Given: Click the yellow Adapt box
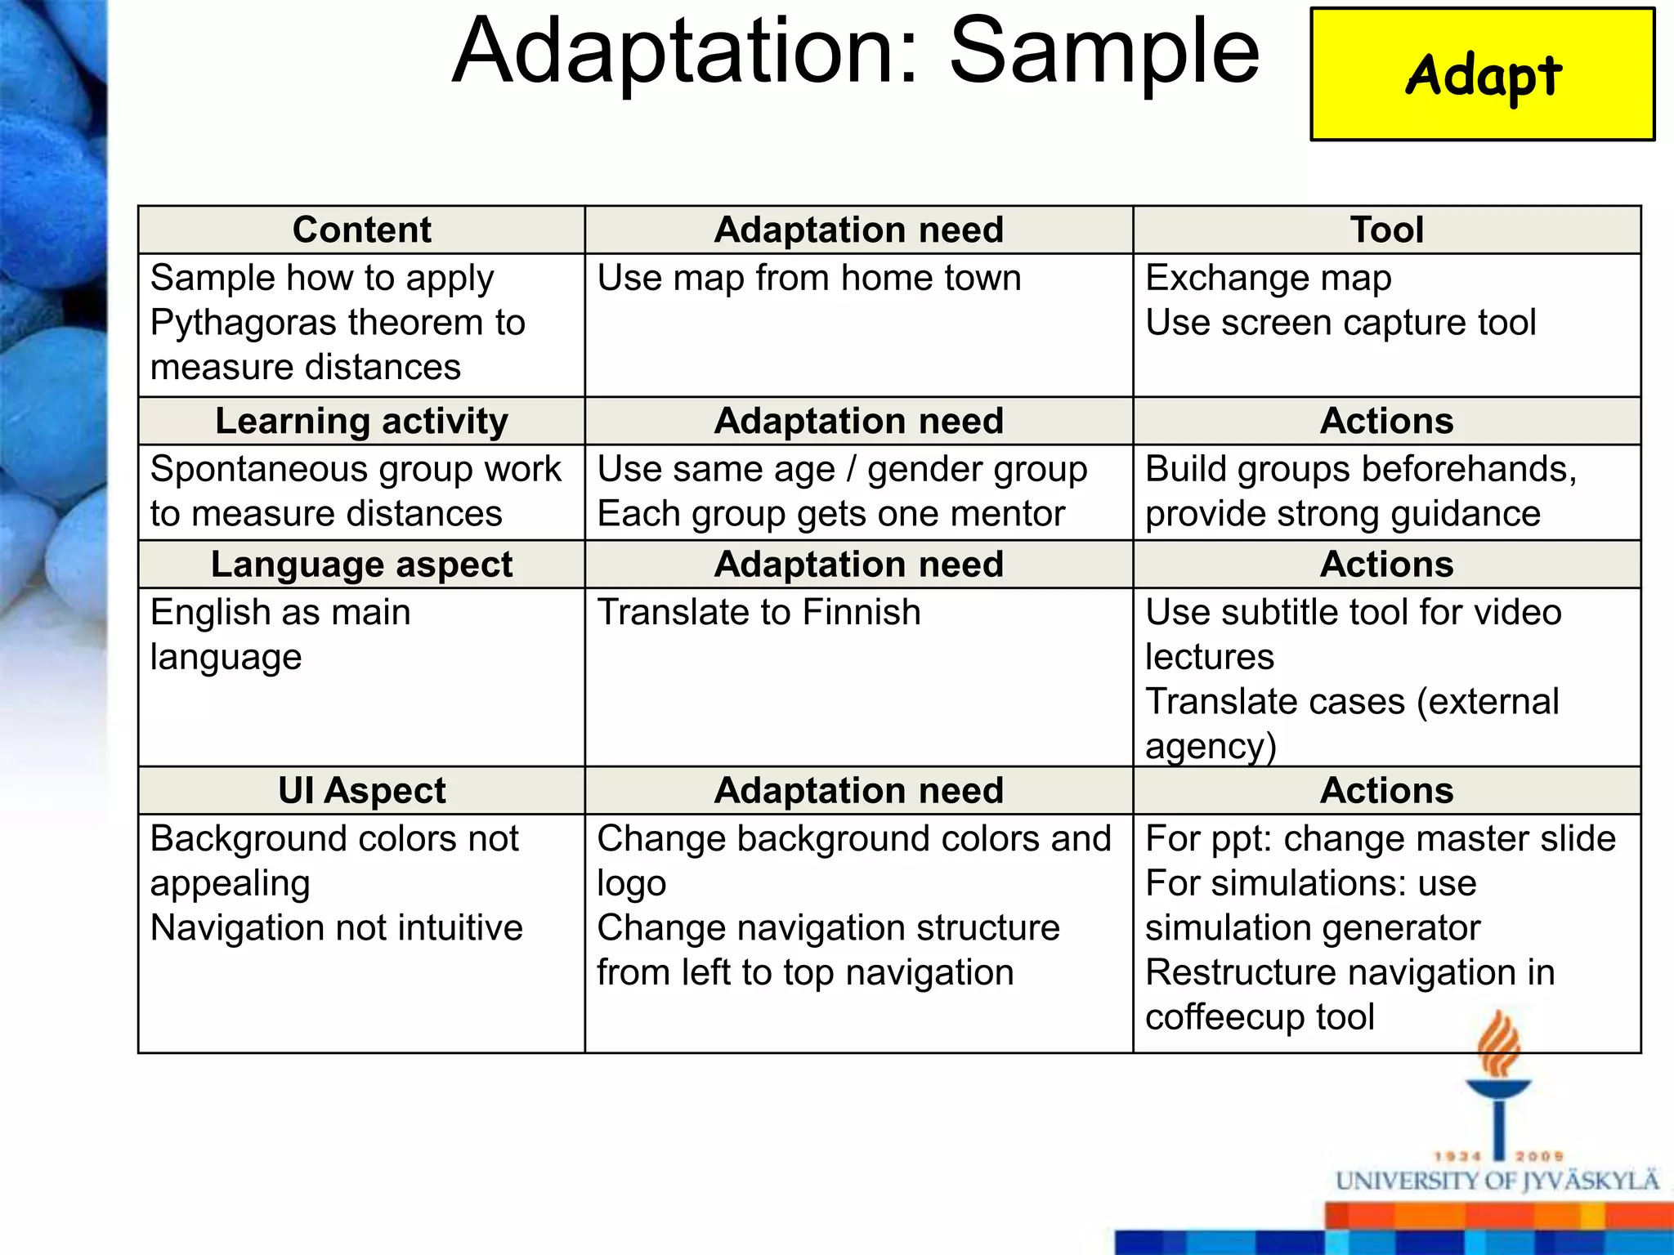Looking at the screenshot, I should (1482, 74).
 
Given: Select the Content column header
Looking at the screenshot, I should (361, 230).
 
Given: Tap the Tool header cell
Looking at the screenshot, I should (1386, 230).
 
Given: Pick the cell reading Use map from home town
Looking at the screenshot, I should (808, 279).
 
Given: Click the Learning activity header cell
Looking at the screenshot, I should (361, 422).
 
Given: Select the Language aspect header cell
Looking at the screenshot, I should (361, 565).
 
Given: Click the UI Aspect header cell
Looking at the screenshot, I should (361, 791).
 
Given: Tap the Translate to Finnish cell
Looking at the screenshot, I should (759, 613).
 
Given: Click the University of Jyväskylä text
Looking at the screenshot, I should (1497, 1181).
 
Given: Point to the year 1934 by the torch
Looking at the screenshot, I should (1457, 1156).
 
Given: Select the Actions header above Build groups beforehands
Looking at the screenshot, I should (1386, 422).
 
